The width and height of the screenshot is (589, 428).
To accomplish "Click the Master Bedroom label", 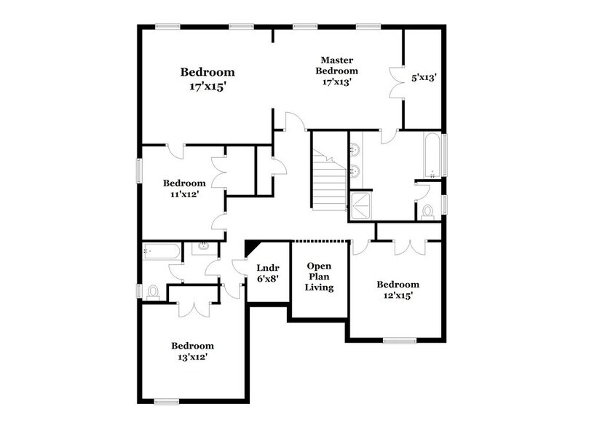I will [336, 71].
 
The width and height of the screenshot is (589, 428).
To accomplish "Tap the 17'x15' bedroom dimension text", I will [207, 86].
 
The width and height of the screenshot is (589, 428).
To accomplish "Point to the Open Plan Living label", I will [320, 277].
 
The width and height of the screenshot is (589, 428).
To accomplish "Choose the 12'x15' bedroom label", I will [398, 290].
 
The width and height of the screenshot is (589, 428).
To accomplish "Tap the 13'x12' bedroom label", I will [192, 351].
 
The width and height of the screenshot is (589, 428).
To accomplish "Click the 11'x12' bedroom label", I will [184, 189].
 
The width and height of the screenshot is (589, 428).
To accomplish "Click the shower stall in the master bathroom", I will [360, 206].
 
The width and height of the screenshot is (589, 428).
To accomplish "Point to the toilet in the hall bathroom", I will [153, 292].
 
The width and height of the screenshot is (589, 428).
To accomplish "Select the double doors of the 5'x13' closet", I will [397, 82].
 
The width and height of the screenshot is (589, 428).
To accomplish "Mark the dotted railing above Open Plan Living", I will [321, 240].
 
